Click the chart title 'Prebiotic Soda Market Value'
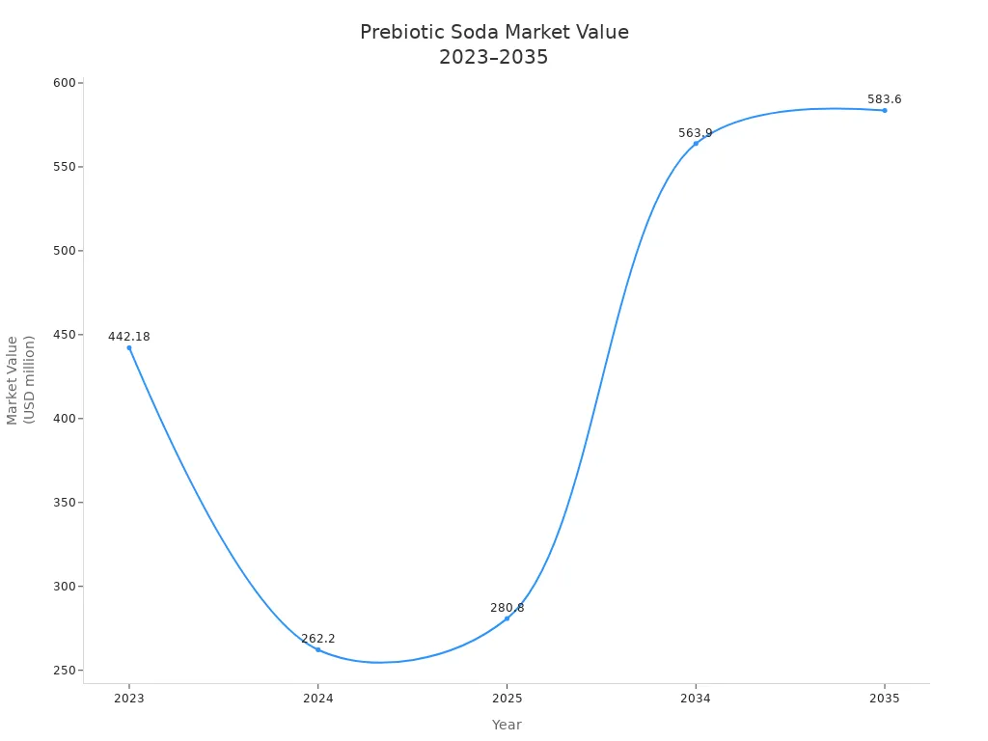coord(494,32)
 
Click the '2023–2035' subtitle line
coord(494,57)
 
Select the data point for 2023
coord(129,348)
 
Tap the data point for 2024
coord(317,649)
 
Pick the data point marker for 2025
coord(507,618)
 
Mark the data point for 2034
coord(696,144)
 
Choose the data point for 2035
coord(884,110)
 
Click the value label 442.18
coord(129,337)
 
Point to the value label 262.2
coord(317,639)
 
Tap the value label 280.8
coord(507,608)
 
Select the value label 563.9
coord(695,133)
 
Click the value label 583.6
coord(884,99)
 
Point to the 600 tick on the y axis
coord(65,83)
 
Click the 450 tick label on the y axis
coord(65,335)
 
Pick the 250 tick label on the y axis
coord(65,671)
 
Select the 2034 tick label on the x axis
coord(696,698)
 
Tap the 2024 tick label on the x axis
coord(317,698)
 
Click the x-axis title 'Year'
coord(507,725)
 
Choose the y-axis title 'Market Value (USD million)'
coord(20,379)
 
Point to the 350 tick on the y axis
coord(65,503)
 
